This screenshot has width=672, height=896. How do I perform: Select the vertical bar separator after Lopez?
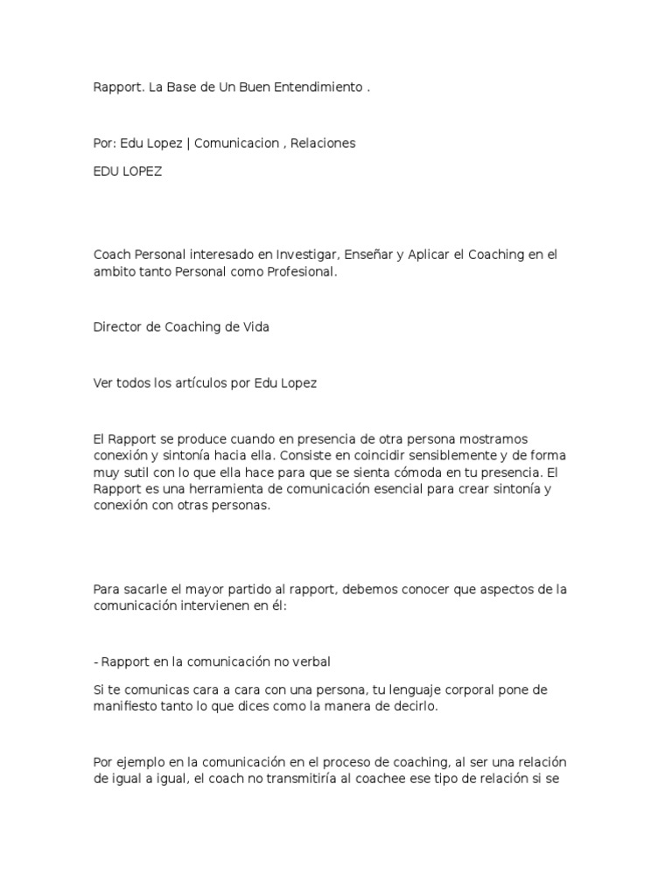[188, 143]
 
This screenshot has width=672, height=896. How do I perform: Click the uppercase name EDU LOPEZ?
[128, 171]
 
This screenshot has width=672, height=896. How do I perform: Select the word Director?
[116, 327]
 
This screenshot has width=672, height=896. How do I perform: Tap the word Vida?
[254, 327]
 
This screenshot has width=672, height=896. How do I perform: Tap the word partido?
[256, 590]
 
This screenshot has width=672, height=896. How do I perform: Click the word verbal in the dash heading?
[313, 662]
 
